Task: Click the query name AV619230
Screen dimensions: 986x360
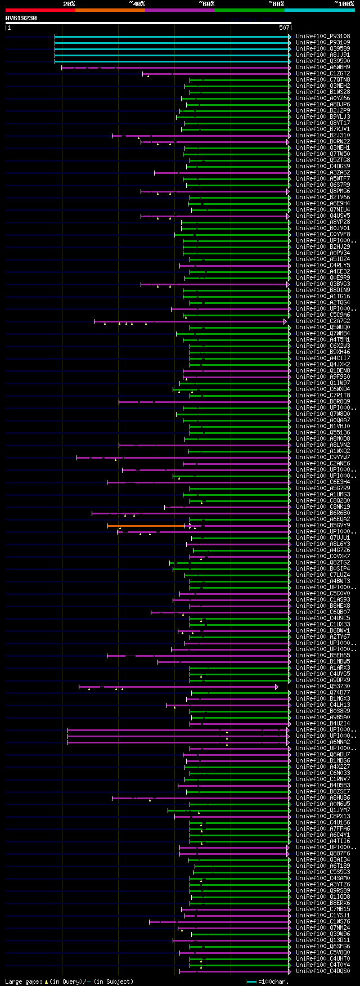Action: pos(21,18)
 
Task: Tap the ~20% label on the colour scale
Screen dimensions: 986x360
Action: pos(69,4)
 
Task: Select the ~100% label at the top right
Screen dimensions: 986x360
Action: pos(344,4)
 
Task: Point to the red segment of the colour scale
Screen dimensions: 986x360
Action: pos(40,10)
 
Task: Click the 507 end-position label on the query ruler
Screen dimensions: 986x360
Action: pos(283,27)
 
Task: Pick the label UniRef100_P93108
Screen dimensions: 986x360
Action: pos(322,37)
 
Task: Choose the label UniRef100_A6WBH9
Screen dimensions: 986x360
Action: pos(322,68)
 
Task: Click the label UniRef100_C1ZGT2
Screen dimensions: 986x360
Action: pos(322,74)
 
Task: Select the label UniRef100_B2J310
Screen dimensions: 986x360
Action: pos(322,136)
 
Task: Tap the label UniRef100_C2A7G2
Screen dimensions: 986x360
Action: pos(322,321)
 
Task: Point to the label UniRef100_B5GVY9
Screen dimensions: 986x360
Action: pos(322,526)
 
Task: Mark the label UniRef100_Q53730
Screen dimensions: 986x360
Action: pos(322,687)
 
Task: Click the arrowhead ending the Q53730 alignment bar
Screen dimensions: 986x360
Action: pos(277,687)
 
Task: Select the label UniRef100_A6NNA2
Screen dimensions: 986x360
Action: pos(322,742)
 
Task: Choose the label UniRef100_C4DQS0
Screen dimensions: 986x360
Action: pos(322,971)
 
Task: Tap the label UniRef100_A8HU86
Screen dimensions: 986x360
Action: pos(322,798)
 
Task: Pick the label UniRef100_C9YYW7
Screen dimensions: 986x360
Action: pos(322,458)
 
